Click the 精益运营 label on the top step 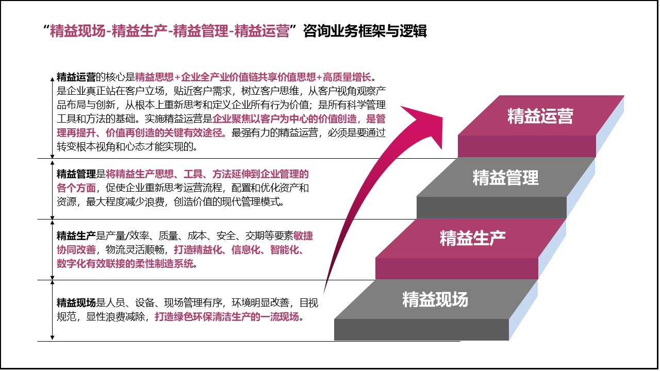[x=540, y=115]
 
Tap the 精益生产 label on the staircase [x=472, y=238]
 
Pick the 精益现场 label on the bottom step [x=435, y=299]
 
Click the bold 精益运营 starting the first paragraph [x=76, y=77]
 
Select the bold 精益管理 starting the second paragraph [x=76, y=174]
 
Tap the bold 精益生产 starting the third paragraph [x=76, y=237]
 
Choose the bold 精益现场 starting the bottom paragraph [x=76, y=302]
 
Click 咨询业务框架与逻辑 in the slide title [x=365, y=31]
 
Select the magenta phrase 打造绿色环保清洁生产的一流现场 [x=227, y=316]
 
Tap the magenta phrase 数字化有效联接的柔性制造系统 [x=125, y=264]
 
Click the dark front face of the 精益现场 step [x=421, y=330]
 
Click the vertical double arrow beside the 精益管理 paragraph [x=52, y=189]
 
